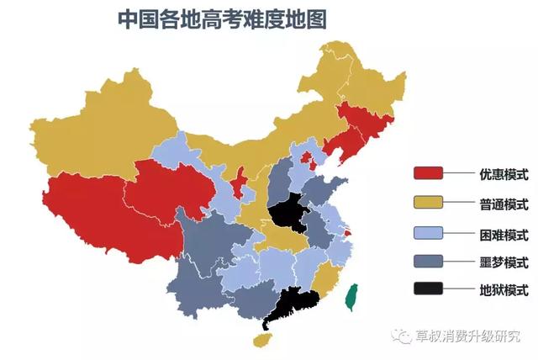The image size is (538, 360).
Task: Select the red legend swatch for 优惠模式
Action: click(428, 174)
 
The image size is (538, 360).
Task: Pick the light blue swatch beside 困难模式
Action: click(428, 232)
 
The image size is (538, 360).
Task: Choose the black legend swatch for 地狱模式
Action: click(428, 289)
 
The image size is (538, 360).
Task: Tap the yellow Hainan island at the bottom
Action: click(263, 340)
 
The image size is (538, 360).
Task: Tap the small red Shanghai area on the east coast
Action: click(348, 245)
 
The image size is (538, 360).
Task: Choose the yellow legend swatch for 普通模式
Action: click(428, 204)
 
